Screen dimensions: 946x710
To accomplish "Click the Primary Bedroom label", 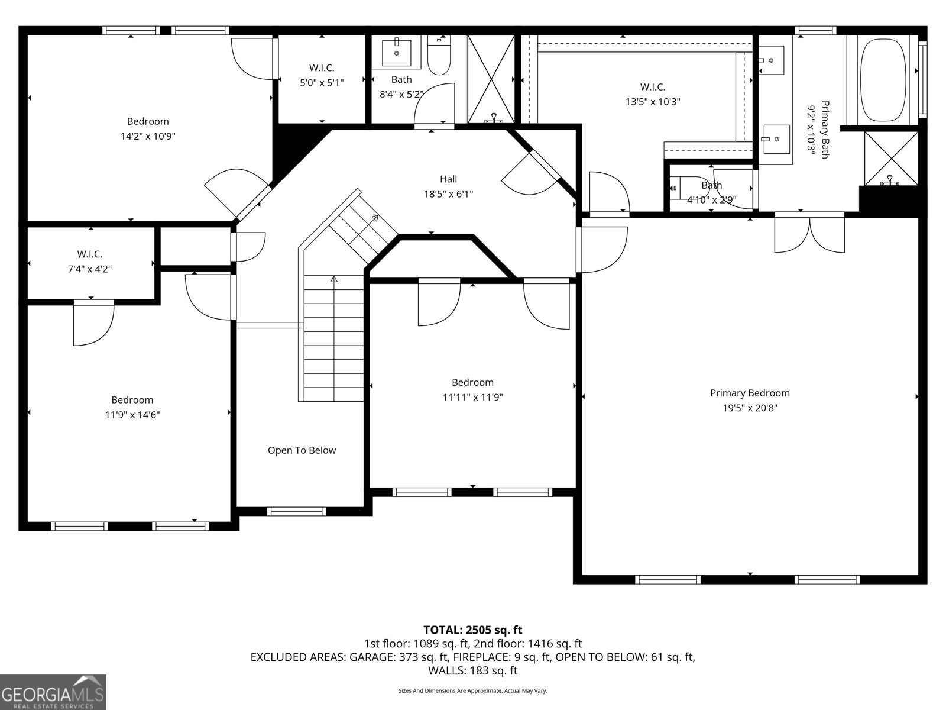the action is [x=750, y=393].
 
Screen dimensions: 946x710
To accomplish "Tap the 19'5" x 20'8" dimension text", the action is [x=750, y=408].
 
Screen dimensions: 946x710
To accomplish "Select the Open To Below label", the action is [x=302, y=450].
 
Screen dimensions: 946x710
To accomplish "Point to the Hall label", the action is [x=448, y=179].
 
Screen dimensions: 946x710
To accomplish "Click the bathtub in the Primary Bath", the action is [x=883, y=80].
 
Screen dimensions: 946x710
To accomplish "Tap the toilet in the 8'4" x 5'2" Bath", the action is [x=439, y=55].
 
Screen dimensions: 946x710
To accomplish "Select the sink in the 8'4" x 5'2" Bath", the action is [x=397, y=53].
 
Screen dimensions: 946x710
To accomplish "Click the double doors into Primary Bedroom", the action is [x=809, y=233].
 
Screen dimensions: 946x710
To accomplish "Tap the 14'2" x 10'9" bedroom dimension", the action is [x=148, y=136].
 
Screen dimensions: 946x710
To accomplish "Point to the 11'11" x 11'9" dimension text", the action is [x=473, y=398].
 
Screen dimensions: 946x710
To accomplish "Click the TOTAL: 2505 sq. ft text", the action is [x=473, y=630].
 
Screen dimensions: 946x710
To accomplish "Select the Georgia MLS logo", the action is [x=53, y=692].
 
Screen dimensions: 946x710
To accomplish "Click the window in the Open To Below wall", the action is [x=297, y=512].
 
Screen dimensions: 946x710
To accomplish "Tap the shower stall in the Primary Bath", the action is [x=891, y=159].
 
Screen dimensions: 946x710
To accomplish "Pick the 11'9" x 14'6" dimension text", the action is [x=132, y=415].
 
